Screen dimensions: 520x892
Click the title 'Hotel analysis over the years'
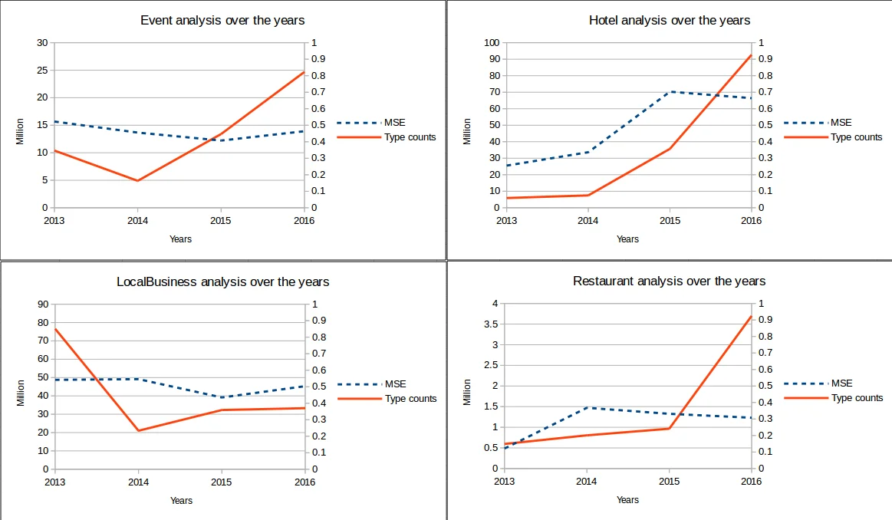(670, 21)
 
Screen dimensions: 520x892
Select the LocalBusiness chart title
(222, 281)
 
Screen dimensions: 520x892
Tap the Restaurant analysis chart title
(669, 281)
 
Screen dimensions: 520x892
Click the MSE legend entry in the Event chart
(395, 123)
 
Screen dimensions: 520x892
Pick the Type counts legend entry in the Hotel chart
(856, 137)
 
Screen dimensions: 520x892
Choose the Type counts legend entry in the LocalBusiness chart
(410, 399)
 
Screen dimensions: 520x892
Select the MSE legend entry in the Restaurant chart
(841, 383)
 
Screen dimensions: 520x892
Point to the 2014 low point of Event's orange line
(138, 180)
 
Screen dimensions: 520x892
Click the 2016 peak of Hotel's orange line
(751, 55)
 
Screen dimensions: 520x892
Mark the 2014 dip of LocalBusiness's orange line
(138, 430)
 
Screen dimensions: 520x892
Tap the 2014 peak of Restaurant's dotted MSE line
(587, 407)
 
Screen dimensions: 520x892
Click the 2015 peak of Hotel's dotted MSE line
(670, 92)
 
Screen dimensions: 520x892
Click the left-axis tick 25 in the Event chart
(43, 71)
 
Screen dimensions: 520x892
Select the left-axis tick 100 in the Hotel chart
(490, 43)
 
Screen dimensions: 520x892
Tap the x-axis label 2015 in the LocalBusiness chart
(222, 482)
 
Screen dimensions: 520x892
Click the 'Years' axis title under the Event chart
(181, 239)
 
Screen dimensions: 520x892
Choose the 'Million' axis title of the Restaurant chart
(467, 392)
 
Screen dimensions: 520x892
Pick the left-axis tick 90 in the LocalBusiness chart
(43, 304)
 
